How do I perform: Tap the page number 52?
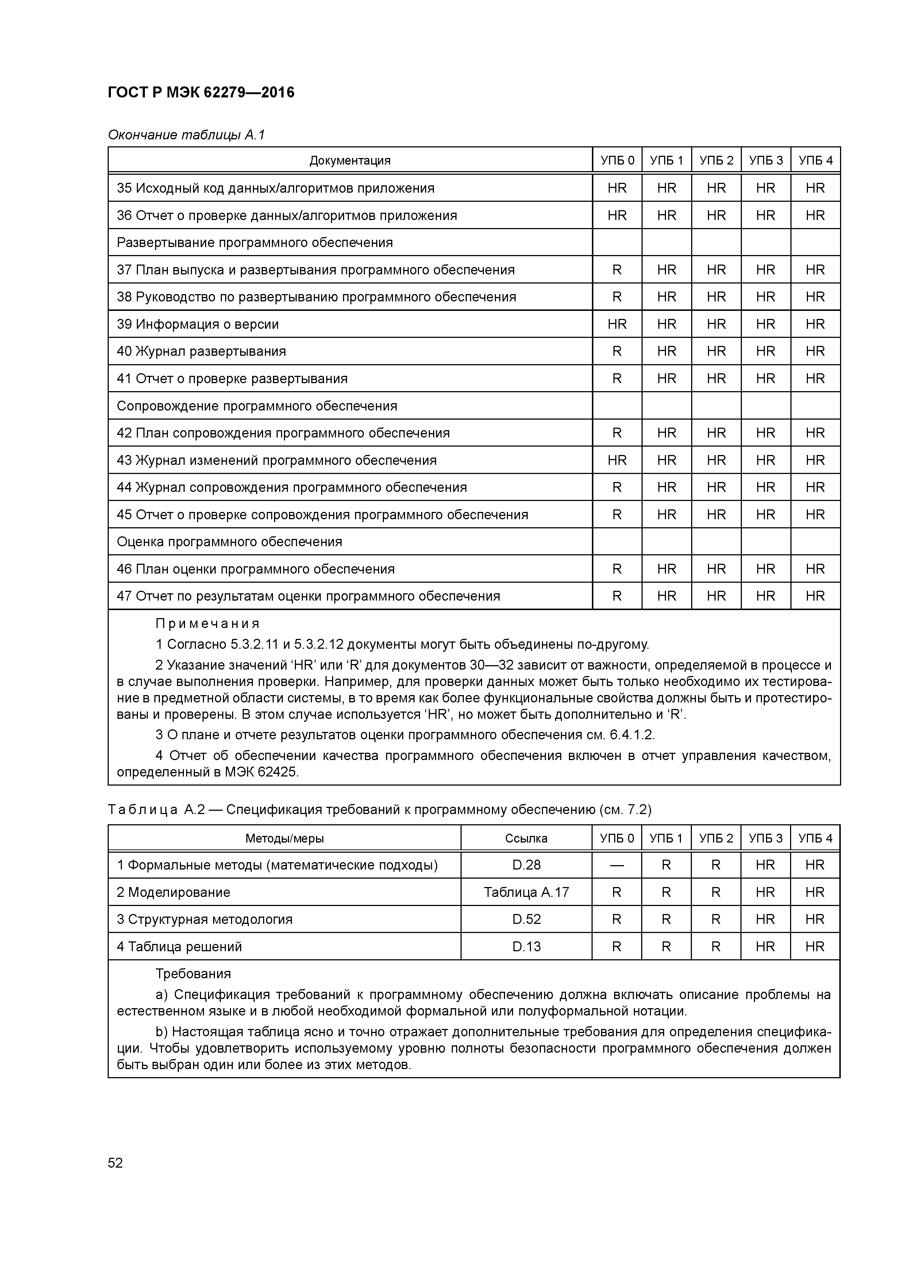click(115, 1163)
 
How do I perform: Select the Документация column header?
click(350, 161)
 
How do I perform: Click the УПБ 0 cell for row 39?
click(617, 324)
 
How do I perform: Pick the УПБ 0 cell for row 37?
click(617, 270)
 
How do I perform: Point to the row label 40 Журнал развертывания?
click(201, 351)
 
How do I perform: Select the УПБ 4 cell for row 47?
click(814, 596)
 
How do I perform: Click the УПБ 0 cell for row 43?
click(617, 460)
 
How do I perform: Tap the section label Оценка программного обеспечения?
click(229, 542)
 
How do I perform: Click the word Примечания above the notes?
click(207, 623)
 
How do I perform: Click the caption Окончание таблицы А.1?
click(186, 135)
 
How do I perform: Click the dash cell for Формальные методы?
click(617, 865)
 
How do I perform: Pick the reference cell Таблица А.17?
click(526, 892)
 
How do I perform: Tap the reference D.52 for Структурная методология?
click(526, 919)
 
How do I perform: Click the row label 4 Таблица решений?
click(179, 946)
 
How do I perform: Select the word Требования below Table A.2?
click(193, 974)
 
